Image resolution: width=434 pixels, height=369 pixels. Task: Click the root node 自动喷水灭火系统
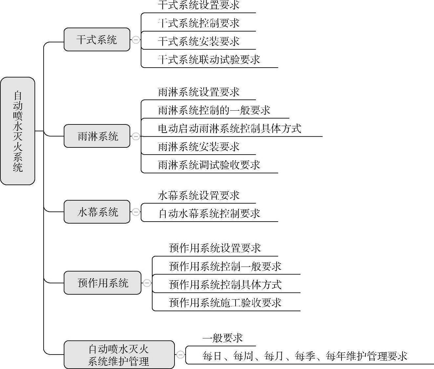point(18,131)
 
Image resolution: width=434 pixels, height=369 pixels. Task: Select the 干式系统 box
point(97,40)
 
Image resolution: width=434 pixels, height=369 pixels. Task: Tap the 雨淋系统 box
point(97,136)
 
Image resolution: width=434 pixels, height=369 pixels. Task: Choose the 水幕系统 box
point(97,212)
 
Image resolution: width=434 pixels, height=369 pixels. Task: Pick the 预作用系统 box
point(102,283)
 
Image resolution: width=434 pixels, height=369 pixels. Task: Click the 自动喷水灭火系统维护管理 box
point(119,355)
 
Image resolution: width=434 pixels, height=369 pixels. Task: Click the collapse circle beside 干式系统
point(135,40)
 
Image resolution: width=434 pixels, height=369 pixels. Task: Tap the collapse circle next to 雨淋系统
point(135,136)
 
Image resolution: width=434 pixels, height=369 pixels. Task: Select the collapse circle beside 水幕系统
point(135,212)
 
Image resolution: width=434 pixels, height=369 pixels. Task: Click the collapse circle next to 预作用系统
point(147,283)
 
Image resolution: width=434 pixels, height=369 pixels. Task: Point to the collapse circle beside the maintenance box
point(180,355)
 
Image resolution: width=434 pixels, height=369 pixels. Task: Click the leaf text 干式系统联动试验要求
point(209,59)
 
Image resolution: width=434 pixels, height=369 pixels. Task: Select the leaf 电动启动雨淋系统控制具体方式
point(229,128)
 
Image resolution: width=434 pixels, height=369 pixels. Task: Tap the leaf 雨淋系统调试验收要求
point(209,165)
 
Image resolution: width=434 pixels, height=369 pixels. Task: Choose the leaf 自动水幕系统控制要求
point(209,214)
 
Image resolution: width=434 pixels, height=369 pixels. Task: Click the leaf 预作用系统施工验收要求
point(225,303)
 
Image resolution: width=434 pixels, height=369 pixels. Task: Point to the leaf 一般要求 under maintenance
point(222,338)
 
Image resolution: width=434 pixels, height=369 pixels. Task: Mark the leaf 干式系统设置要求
point(198,5)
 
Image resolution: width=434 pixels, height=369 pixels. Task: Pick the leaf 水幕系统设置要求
point(198,196)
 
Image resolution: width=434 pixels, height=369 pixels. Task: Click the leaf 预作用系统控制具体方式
point(225,284)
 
